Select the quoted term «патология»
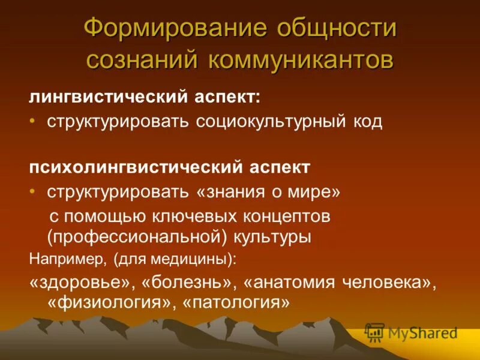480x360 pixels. point(239,303)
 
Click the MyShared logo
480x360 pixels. point(412,332)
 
